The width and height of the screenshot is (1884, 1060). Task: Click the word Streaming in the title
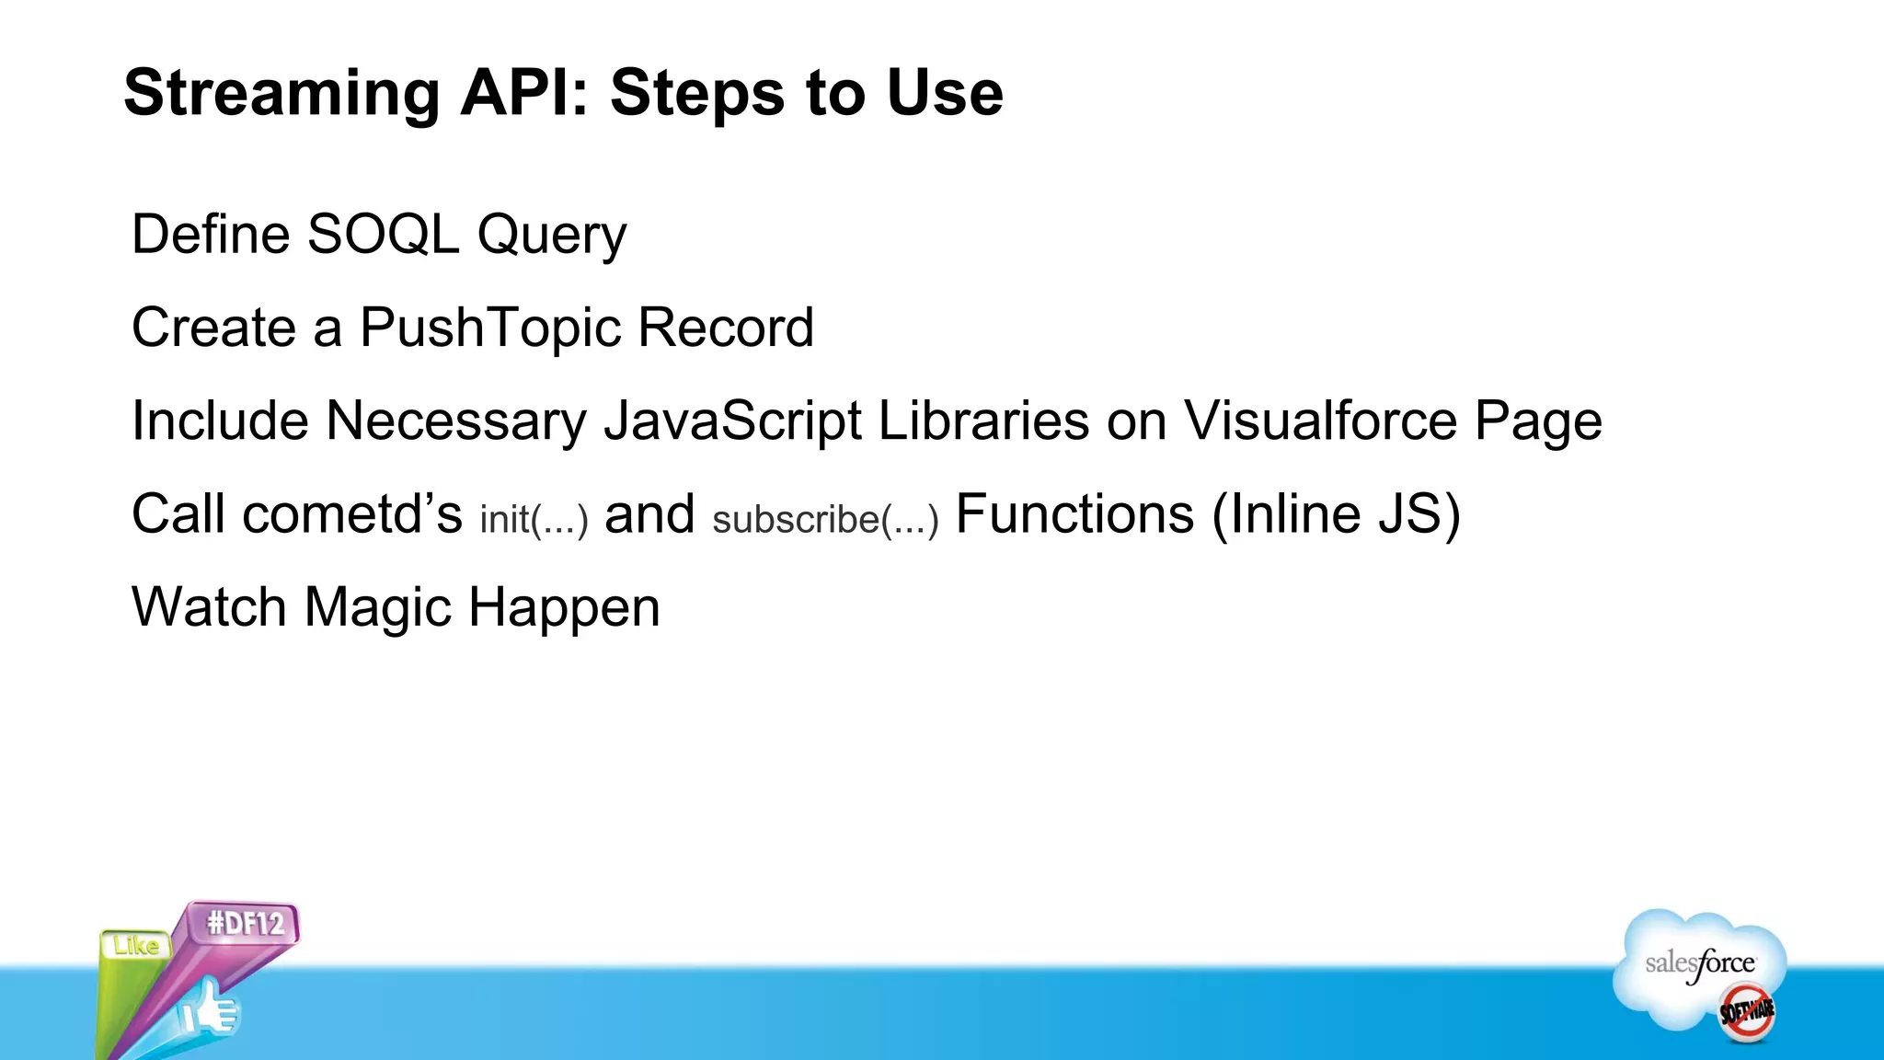[281, 94]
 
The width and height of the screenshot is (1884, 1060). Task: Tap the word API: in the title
[524, 94]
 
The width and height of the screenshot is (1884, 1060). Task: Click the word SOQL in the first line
[383, 234]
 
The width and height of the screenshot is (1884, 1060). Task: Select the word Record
[726, 328]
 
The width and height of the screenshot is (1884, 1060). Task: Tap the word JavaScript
[733, 421]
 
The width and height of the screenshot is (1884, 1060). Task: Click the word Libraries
[983, 421]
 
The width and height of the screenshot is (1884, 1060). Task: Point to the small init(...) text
[534, 520]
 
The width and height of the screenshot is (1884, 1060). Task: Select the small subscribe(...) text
[825, 520]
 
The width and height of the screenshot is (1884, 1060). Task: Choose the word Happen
[564, 609]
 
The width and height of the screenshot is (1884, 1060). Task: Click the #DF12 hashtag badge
[246, 923]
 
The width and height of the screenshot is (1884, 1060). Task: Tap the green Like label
[135, 945]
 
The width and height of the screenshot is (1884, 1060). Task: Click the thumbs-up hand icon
[210, 1010]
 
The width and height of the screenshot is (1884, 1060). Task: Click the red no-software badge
[1746, 1011]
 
